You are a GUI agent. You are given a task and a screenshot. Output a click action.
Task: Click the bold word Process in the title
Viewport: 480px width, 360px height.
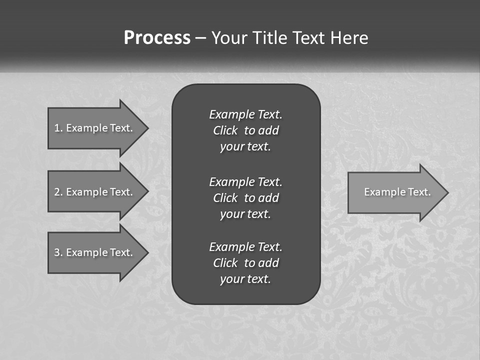(157, 38)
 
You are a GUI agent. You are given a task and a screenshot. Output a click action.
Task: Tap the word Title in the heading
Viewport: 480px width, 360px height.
(269, 38)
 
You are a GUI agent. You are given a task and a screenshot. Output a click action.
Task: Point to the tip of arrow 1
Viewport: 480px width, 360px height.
(147, 128)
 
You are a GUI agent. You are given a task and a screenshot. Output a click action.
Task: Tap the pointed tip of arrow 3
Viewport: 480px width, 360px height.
(147, 252)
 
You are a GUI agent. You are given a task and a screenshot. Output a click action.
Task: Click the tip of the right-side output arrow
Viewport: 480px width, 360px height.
(447, 192)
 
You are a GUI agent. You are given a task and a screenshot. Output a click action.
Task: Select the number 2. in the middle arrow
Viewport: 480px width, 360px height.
(58, 192)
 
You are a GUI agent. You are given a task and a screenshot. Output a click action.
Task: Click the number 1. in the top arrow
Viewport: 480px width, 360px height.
(58, 128)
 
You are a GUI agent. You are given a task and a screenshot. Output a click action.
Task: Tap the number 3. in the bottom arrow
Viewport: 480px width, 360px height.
(58, 252)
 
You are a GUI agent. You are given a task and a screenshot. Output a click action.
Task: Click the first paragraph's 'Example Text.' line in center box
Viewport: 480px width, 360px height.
(245, 114)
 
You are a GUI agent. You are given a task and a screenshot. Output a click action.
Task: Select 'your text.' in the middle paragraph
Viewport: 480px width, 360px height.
(245, 214)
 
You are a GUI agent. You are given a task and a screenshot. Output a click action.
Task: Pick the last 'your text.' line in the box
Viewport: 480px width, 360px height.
(245, 279)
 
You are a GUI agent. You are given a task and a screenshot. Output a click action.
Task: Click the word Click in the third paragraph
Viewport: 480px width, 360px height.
(225, 263)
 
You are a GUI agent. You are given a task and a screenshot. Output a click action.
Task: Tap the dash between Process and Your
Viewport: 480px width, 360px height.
(200, 38)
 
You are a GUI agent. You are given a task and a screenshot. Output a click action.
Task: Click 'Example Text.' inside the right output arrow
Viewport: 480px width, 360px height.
(397, 192)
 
